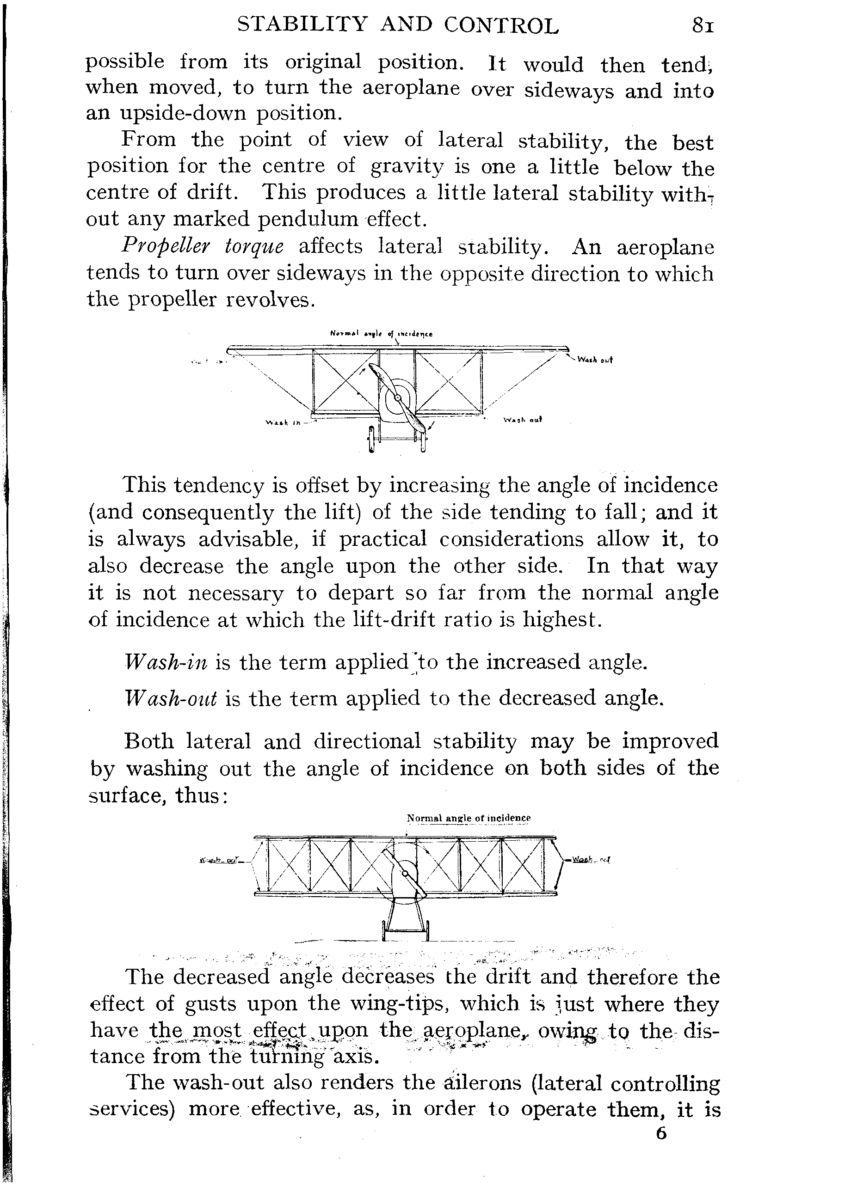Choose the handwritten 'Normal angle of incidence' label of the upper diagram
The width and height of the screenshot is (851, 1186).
click(x=382, y=333)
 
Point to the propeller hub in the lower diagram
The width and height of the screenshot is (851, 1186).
click(x=405, y=873)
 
